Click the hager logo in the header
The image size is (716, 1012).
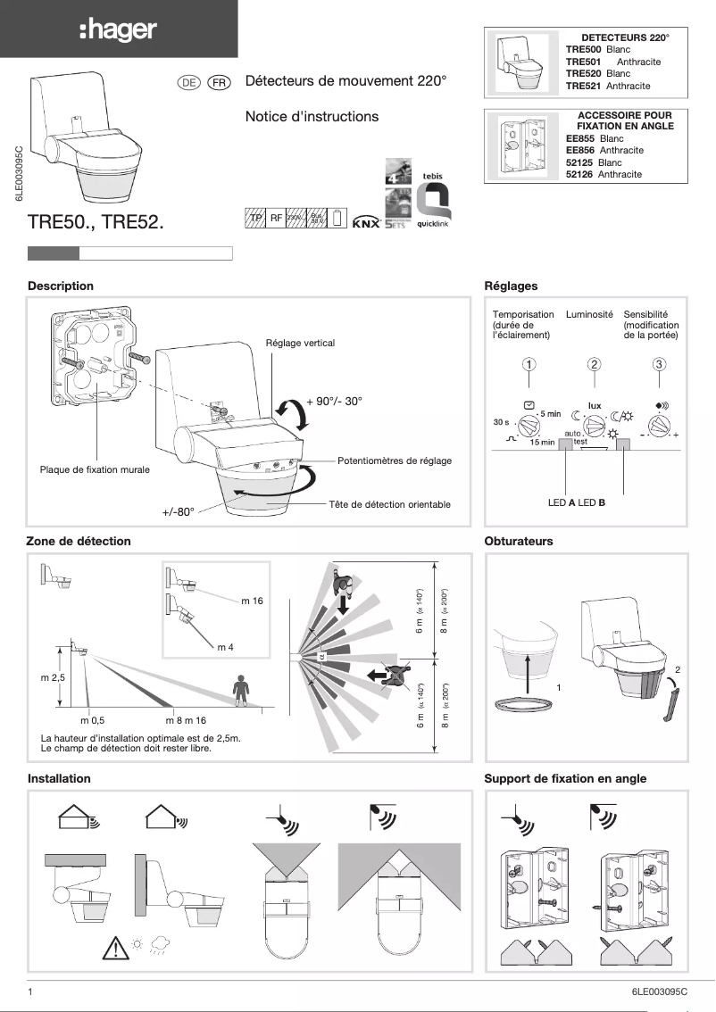pos(118,30)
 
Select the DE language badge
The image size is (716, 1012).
pos(188,82)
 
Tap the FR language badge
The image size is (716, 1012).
pos(219,82)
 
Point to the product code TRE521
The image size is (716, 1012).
pos(584,86)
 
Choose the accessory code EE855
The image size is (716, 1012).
pos(582,139)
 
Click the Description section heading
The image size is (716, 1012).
pos(61,286)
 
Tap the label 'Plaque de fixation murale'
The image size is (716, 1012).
pos(95,469)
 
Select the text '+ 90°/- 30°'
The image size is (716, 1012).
pos(334,402)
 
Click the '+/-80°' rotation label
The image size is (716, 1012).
pos(178,512)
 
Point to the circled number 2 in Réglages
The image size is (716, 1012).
pos(595,364)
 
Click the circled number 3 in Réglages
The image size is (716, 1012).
pos(659,364)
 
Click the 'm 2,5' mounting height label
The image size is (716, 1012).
pos(54,678)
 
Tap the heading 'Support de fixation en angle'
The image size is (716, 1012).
pos(565,778)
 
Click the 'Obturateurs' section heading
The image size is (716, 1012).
pos(518,541)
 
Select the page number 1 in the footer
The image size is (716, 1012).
pos(30,991)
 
